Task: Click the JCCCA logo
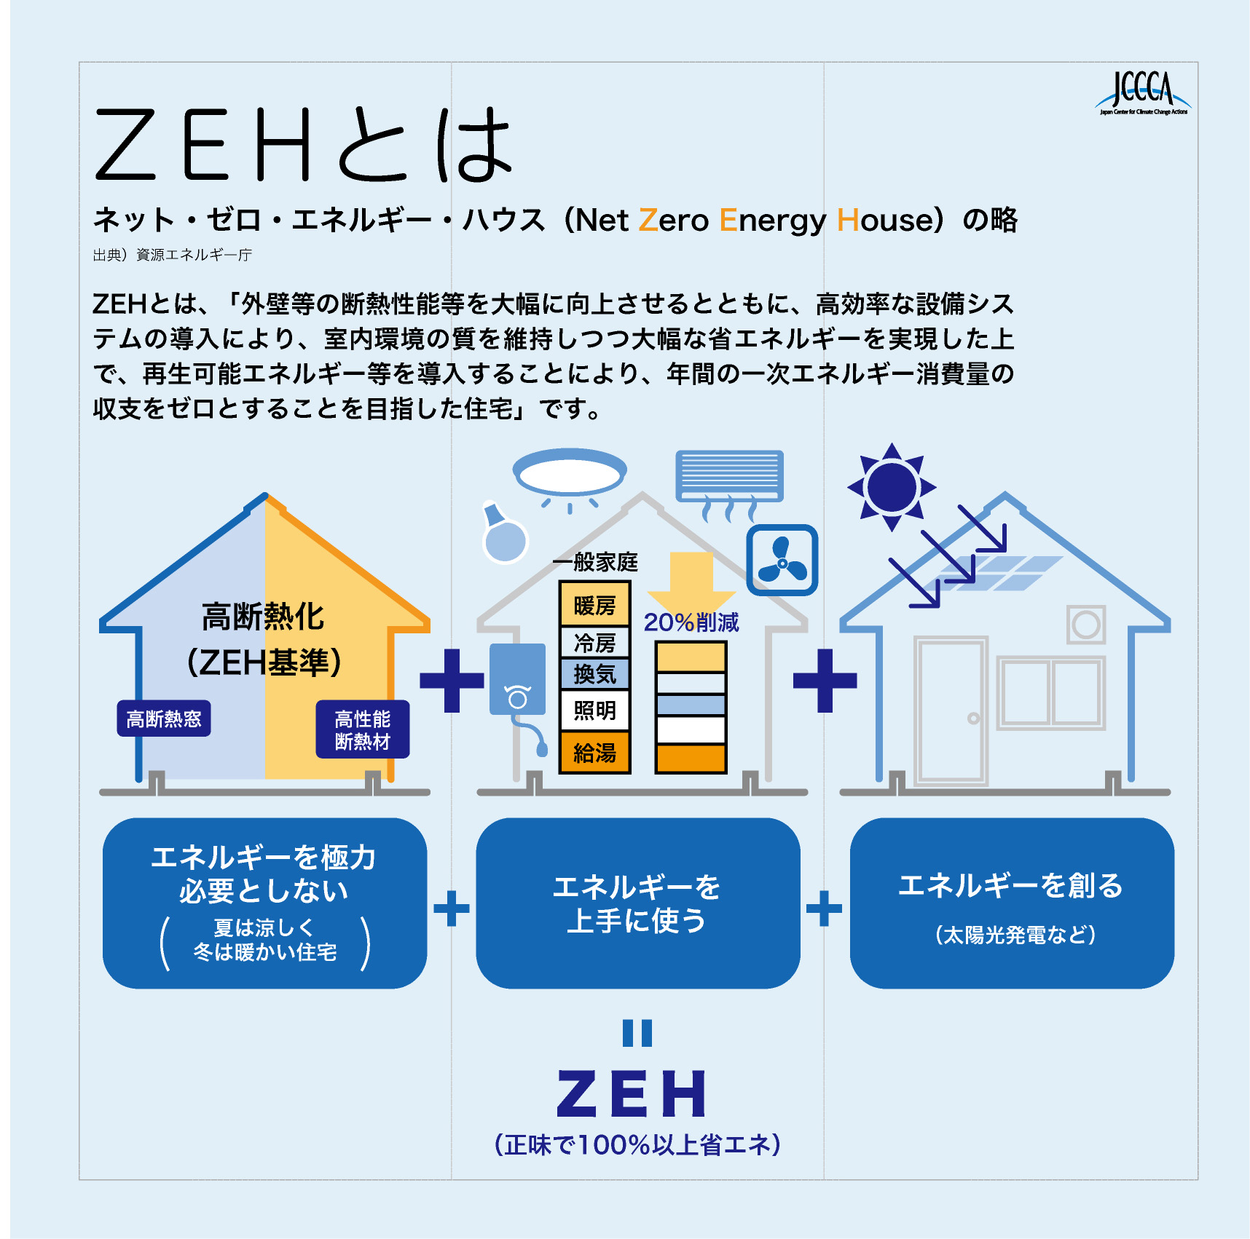click(1142, 93)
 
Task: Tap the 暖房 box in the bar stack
click(594, 604)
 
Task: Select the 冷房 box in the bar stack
click(594, 642)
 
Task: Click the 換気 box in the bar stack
click(594, 673)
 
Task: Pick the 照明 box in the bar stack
click(594, 710)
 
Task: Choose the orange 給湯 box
click(594, 752)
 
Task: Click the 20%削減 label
click(691, 622)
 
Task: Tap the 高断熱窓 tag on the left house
click(164, 719)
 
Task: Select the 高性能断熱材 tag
click(363, 729)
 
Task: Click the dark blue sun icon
click(892, 487)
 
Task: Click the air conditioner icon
click(729, 484)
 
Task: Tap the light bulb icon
click(503, 533)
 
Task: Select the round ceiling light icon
click(570, 475)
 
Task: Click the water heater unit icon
click(518, 688)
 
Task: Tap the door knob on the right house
click(973, 719)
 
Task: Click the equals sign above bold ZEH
click(637, 1033)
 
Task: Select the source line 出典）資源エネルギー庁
click(173, 255)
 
